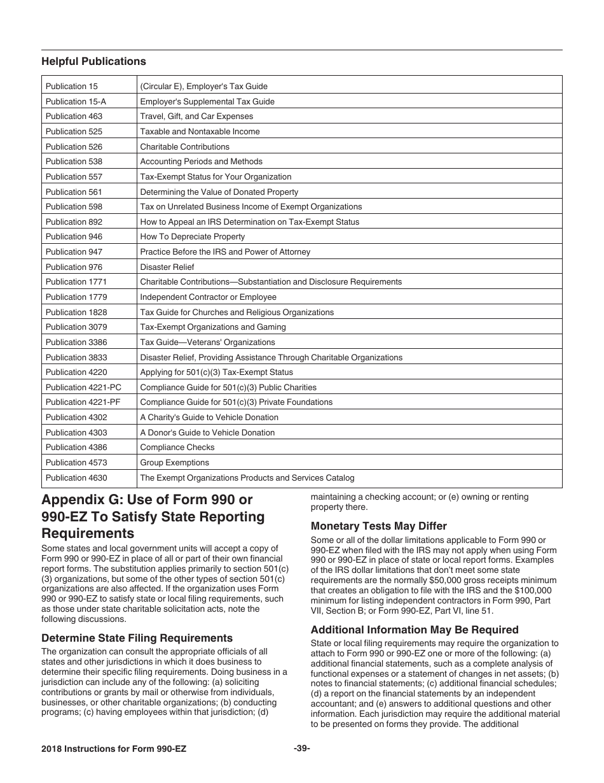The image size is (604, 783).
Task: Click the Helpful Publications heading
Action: click(93, 62)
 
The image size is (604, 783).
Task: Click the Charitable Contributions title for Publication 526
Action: click(184, 146)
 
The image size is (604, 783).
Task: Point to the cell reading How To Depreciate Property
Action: click(192, 237)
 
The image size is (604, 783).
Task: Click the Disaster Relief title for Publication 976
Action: click(167, 267)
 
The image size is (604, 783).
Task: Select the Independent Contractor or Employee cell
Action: click(208, 297)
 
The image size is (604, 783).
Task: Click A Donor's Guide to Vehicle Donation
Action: click(207, 433)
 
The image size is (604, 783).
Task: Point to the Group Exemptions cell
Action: click(174, 463)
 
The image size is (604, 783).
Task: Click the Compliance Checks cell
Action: click(177, 448)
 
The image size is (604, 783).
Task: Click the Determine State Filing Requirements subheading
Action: click(137, 638)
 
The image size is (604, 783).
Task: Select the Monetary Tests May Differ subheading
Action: click(378, 526)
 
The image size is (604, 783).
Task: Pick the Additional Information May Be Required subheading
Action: click(415, 630)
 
